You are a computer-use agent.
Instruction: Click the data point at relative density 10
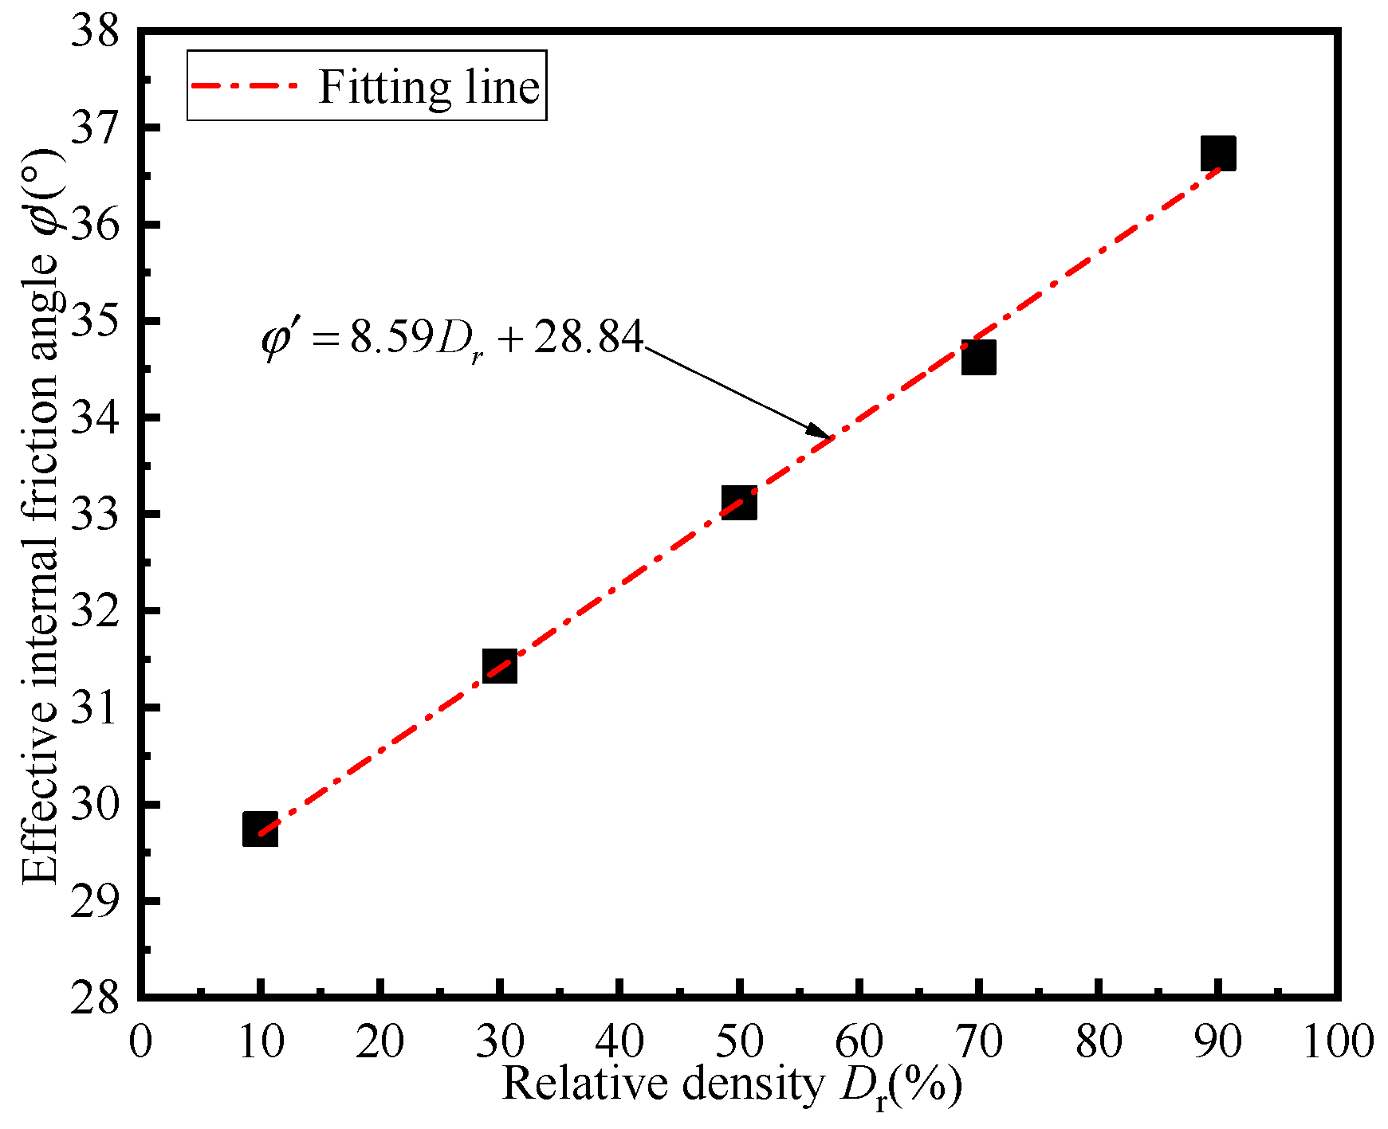click(260, 829)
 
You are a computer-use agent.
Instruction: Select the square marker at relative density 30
click(500, 666)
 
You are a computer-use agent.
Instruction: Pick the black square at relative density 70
click(978, 357)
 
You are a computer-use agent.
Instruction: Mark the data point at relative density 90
click(1218, 153)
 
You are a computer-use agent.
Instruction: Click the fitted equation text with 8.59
click(452, 339)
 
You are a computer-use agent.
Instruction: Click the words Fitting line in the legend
click(429, 86)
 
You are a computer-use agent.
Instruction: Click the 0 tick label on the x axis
click(140, 1041)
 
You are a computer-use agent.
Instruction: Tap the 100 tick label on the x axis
click(1337, 1041)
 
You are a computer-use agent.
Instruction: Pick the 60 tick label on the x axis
click(859, 1041)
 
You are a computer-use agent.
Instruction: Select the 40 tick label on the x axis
click(619, 1041)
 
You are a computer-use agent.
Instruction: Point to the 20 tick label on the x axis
click(380, 1041)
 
